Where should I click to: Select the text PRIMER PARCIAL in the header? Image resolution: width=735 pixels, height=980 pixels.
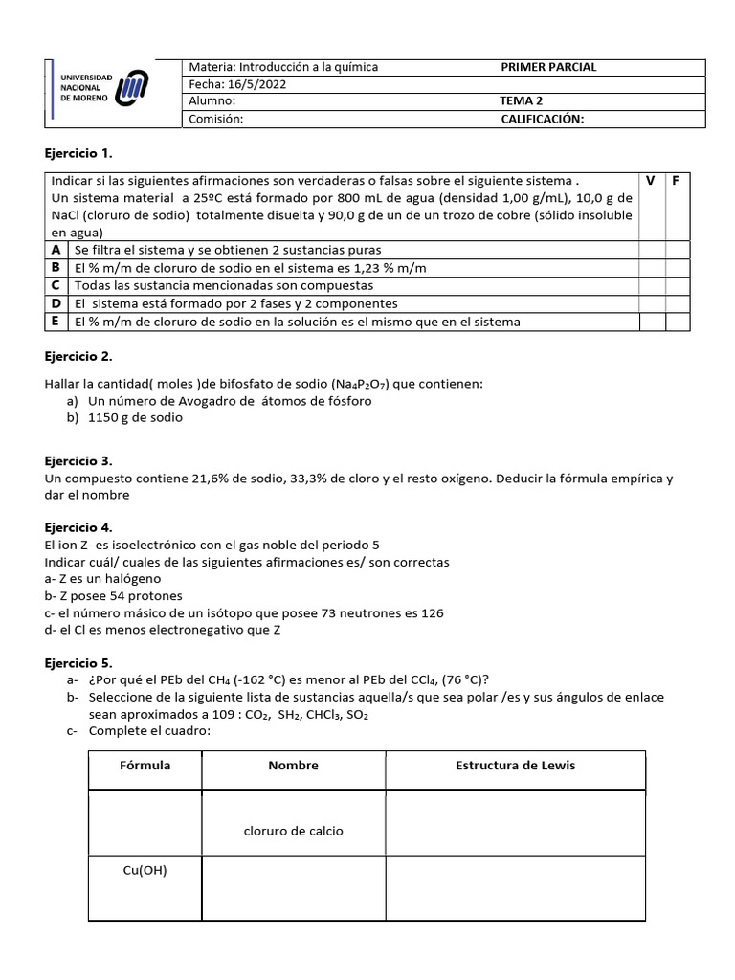point(548,67)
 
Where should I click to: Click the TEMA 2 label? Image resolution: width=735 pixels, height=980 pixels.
point(523,101)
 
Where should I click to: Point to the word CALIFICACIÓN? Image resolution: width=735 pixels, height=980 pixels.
point(543,119)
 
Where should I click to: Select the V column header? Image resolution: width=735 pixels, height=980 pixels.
point(651,180)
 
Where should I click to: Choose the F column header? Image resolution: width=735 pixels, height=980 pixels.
point(676,180)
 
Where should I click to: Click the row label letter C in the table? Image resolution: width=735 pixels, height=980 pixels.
point(56,285)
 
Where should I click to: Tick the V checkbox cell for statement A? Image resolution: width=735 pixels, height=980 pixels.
point(651,249)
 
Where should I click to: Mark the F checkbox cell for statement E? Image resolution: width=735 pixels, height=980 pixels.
point(676,322)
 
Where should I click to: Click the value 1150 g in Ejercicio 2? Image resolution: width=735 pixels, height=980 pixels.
point(117,417)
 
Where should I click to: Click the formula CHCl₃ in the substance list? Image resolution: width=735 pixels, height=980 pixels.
point(323,715)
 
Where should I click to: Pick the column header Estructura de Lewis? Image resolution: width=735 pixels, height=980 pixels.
point(515,765)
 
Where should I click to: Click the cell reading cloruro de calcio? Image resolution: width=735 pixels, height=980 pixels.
point(293,831)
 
